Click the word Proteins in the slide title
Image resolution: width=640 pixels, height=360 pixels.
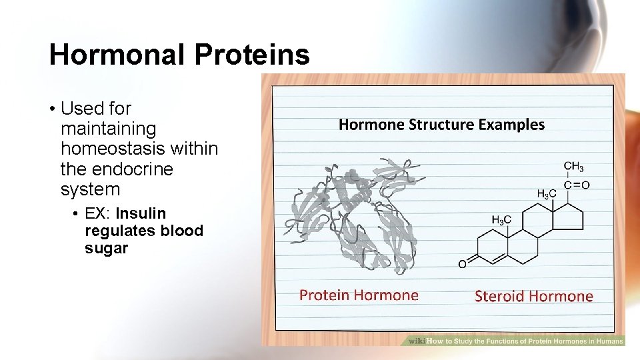(252, 55)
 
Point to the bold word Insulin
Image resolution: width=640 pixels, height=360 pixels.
(140, 214)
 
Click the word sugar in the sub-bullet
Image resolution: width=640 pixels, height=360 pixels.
(106, 249)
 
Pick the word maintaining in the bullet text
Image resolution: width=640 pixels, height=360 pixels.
(108, 129)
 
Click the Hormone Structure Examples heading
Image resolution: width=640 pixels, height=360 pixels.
(441, 125)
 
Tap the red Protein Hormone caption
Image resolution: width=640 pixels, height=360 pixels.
(359, 295)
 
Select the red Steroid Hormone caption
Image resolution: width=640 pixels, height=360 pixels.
(533, 296)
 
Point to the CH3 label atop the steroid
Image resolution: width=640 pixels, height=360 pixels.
(573, 167)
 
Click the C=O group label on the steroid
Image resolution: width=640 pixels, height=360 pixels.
(576, 185)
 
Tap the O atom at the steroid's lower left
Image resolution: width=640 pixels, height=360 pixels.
(462, 264)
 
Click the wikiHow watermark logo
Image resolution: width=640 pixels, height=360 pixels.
(416, 341)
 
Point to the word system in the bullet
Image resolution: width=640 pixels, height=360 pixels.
(90, 190)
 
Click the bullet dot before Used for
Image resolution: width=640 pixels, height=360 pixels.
(52, 109)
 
